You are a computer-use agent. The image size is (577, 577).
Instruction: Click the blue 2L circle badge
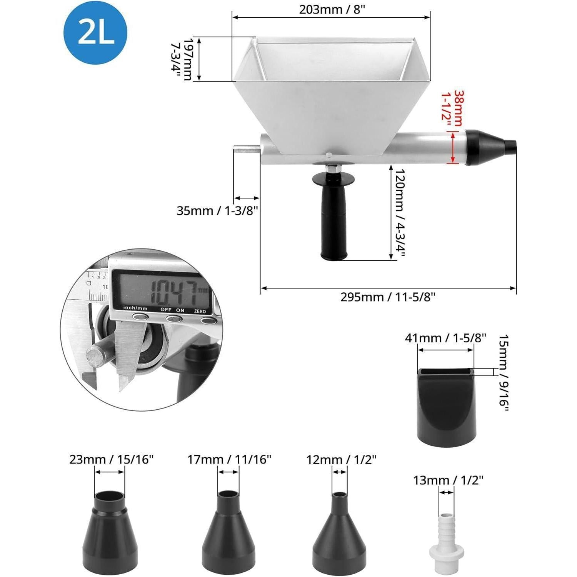pyautogui.click(x=95, y=32)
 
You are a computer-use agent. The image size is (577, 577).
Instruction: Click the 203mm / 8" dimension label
pyautogui.click(x=332, y=9)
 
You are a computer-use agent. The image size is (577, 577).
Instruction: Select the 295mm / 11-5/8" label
pyautogui.click(x=388, y=297)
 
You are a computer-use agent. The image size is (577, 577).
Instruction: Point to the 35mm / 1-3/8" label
pyautogui.click(x=217, y=211)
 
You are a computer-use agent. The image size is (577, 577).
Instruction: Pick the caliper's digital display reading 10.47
pyautogui.click(x=162, y=291)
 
